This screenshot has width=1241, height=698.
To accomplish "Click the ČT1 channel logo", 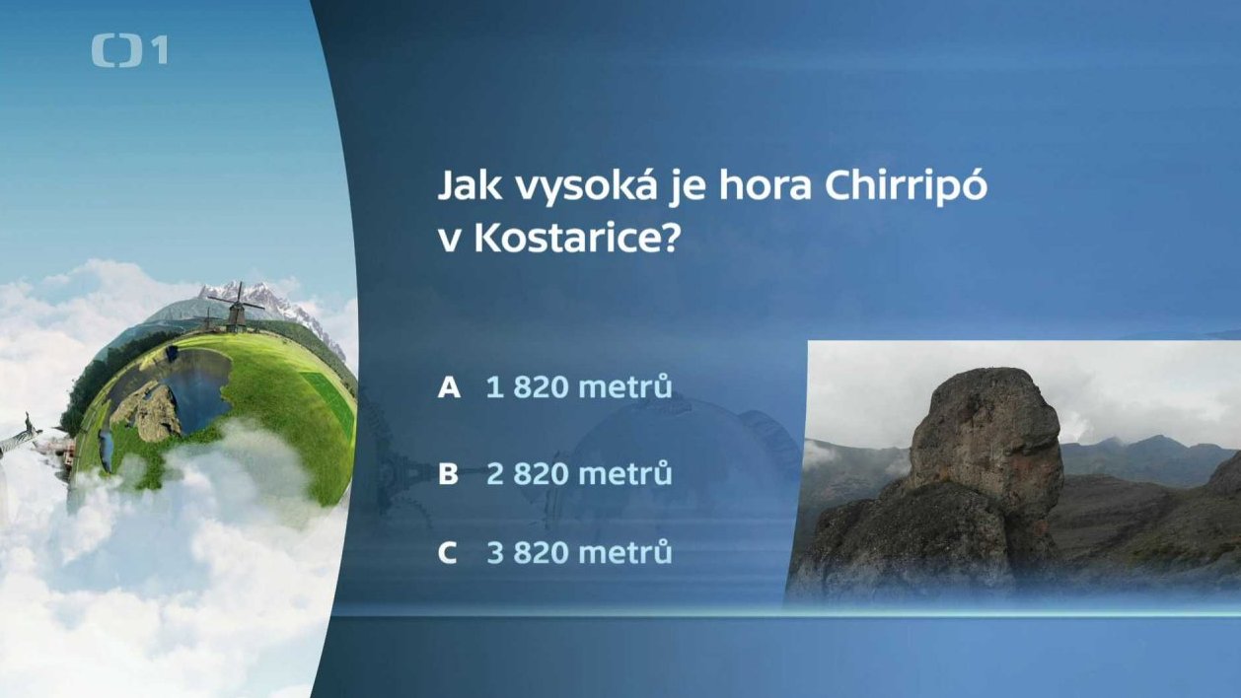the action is (129, 50).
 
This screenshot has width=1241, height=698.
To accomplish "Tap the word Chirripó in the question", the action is (906, 186).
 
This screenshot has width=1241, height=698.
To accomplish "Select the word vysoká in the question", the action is (588, 186).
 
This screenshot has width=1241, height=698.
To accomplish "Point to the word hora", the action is (766, 185).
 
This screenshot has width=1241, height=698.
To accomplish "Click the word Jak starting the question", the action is (470, 185).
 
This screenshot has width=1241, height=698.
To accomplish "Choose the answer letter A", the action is (448, 386).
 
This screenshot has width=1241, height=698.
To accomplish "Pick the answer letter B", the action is (448, 474).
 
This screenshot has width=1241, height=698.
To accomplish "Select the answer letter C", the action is (448, 552).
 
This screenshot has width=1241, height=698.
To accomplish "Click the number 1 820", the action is (527, 386).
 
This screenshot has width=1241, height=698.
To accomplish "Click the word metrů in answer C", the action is (624, 551).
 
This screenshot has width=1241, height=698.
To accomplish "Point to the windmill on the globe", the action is (237, 308).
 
